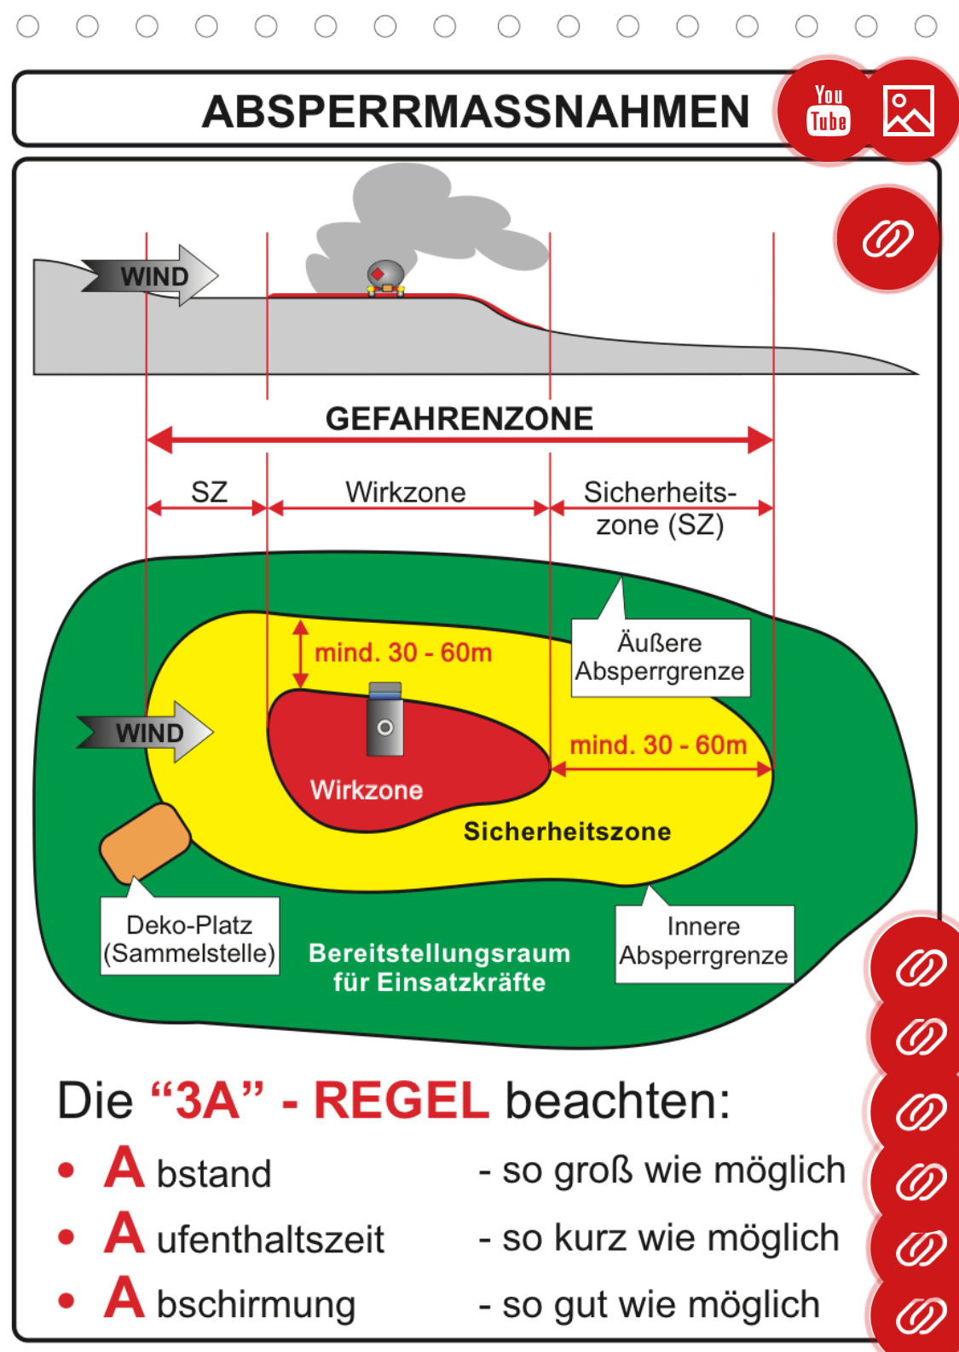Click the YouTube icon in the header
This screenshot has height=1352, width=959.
pos(828,111)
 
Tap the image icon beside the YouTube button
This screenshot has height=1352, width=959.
pos(909,111)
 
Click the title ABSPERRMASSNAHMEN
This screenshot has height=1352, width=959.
pos(476,112)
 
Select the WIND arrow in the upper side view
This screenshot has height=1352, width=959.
pos(153,276)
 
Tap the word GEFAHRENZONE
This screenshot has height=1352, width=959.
pos(459,419)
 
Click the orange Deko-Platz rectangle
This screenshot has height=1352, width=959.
pos(145,842)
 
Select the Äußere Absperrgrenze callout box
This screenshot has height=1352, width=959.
pos(660,657)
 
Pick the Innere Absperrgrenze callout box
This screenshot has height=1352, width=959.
pos(704,942)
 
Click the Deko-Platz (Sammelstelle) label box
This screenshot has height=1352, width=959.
pos(189,938)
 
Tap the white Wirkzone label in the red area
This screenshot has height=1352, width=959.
pos(367,791)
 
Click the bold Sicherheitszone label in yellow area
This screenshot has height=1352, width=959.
pos(567,831)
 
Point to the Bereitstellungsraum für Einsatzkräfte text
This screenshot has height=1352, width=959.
pos(439,968)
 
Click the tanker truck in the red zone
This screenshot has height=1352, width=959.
pos(385,720)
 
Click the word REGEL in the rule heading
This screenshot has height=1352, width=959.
pos(402,1101)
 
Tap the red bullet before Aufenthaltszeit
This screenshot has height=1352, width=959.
pos(66,1237)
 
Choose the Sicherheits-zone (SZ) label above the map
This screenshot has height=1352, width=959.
pos(660,508)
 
